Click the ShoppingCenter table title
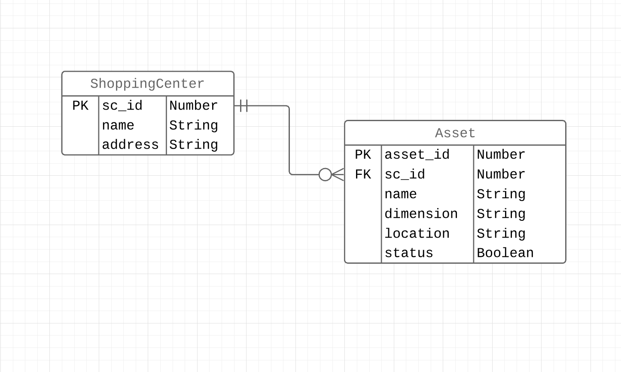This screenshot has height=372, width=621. tap(147, 84)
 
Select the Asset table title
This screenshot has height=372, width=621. tap(455, 133)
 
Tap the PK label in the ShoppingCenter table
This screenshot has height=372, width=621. tap(80, 106)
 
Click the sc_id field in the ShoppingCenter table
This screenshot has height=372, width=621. tap(122, 106)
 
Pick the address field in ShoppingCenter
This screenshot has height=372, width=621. tap(130, 145)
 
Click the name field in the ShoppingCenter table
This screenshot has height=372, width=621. tap(118, 125)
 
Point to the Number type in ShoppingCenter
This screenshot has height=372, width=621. tap(194, 106)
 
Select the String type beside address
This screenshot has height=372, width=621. tap(194, 145)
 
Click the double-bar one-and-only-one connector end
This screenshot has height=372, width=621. tap(244, 106)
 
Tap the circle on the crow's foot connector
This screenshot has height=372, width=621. tap(325, 174)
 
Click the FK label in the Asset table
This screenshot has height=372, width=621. tap(363, 174)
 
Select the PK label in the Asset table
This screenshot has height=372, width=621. tap(363, 155)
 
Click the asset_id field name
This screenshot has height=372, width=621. tap(417, 155)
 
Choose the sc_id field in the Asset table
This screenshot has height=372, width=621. tap(405, 174)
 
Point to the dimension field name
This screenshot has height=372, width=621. tap(421, 214)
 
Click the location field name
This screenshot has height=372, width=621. tap(417, 234)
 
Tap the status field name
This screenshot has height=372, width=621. tap(409, 253)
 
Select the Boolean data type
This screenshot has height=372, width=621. tap(505, 253)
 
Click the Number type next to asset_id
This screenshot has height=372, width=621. tap(501, 155)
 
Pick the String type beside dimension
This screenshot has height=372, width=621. tap(501, 214)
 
